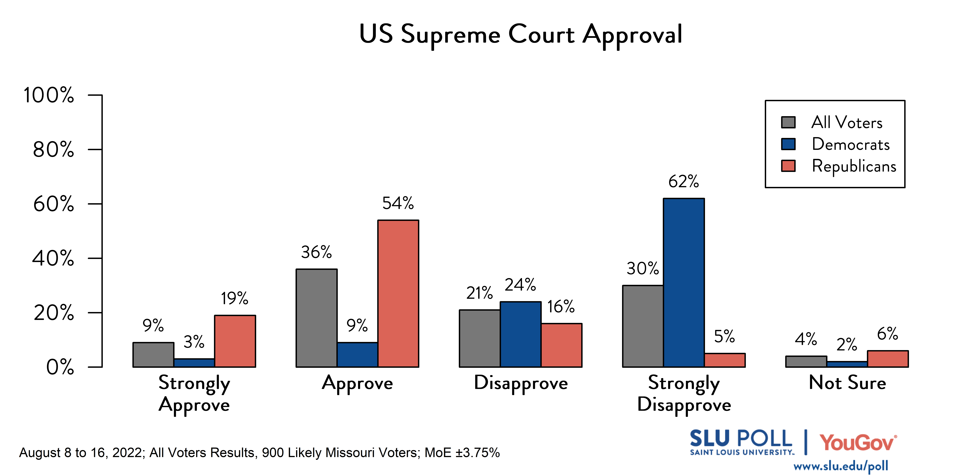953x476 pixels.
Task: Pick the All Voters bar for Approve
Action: (x=316, y=318)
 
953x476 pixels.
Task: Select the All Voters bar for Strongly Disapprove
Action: (x=643, y=326)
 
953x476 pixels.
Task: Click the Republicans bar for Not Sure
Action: (x=888, y=358)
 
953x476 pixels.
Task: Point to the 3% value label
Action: (x=194, y=342)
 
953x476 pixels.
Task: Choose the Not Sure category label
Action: (x=847, y=382)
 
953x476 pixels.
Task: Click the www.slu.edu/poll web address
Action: (x=841, y=466)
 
